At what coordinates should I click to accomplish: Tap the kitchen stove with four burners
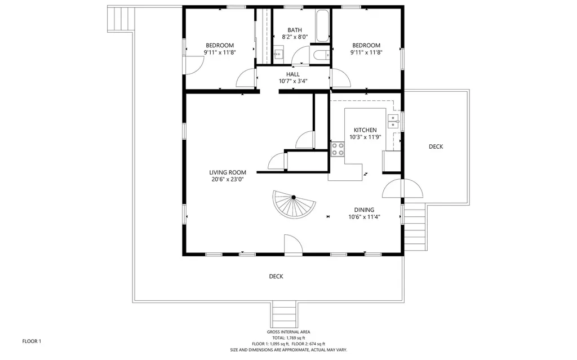click(x=338, y=149)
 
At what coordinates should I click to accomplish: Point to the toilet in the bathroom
click(x=321, y=55)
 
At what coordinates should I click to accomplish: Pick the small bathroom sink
click(x=278, y=54)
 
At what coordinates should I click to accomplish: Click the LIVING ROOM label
click(x=228, y=172)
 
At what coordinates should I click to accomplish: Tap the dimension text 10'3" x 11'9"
click(x=365, y=137)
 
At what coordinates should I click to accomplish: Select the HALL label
click(x=293, y=74)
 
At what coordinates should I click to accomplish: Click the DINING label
click(x=365, y=210)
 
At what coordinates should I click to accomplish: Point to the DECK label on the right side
click(x=436, y=146)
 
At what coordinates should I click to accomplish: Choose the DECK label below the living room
click(x=276, y=277)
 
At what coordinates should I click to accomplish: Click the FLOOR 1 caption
click(x=32, y=341)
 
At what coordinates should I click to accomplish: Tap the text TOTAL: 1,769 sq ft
click(x=288, y=338)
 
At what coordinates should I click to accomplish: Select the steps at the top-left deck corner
click(x=121, y=19)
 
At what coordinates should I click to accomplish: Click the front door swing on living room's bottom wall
click(x=293, y=245)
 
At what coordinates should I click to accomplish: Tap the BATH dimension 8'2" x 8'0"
click(x=295, y=37)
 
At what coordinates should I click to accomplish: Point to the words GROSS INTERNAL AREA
click(x=288, y=332)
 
